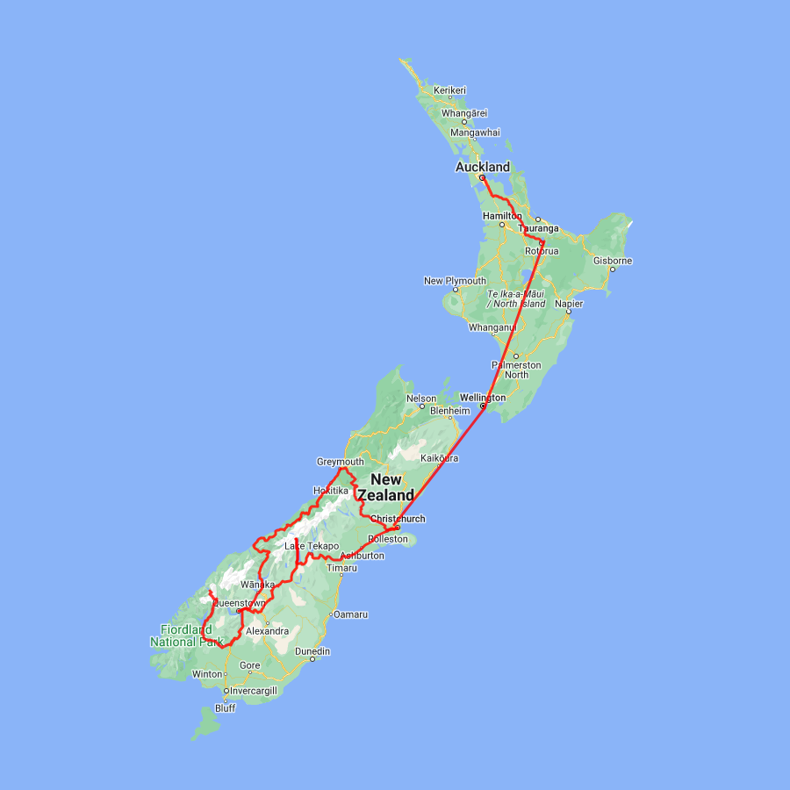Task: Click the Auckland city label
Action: [482, 167]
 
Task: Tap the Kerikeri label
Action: [450, 90]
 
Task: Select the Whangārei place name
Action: [464, 112]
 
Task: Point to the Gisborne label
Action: [612, 261]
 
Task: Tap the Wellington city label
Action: [483, 398]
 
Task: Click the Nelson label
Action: [421, 399]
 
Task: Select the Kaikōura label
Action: [440, 458]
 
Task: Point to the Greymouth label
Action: [340, 462]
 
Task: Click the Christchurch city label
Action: [398, 519]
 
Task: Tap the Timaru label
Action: [341, 568]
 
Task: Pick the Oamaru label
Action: [350, 614]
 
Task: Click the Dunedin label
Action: [312, 651]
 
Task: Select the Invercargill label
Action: [254, 691]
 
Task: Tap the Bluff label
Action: [225, 708]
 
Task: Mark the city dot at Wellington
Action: [483, 406]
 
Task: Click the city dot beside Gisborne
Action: [612, 269]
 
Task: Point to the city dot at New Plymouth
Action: [455, 290]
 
